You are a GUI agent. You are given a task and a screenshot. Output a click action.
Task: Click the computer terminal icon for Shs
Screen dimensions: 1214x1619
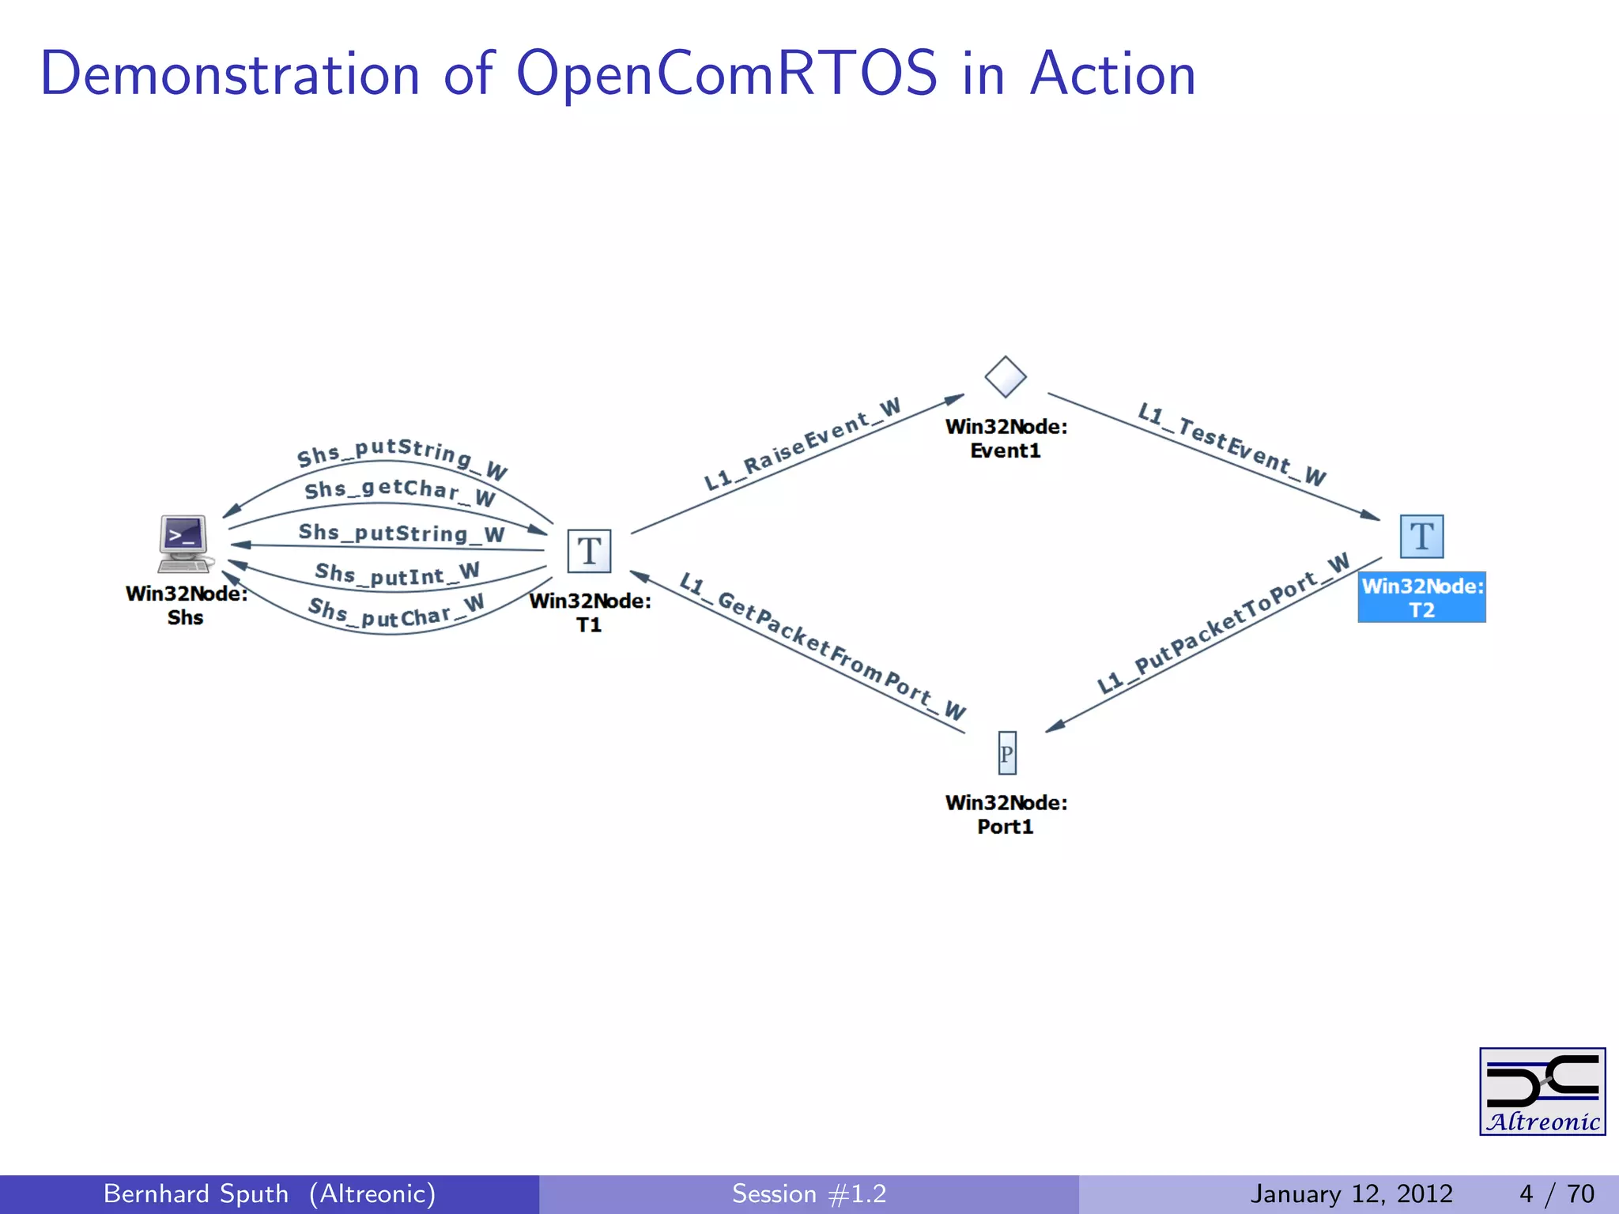(184, 543)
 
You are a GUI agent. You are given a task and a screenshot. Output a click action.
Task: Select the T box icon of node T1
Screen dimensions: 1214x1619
(589, 551)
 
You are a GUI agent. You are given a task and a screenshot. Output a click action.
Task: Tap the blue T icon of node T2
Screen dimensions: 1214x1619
(1421, 537)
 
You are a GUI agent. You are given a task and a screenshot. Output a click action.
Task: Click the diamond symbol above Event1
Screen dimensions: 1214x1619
(1006, 377)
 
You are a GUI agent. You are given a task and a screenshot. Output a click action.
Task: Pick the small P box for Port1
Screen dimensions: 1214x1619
(1006, 753)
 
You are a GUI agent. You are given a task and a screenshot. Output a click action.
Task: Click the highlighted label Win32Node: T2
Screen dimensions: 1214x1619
(1421, 598)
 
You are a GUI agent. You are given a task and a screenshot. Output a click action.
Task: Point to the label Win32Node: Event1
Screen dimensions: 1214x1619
(1006, 439)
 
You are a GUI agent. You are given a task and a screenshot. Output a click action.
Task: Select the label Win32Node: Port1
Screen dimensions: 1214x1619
(1006, 814)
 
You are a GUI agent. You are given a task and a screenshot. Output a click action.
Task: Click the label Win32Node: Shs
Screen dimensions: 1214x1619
(186, 605)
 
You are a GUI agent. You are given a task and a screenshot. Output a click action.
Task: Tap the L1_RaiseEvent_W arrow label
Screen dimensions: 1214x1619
(802, 444)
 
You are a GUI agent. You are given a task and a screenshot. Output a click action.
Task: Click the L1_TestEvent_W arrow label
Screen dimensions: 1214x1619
(1231, 444)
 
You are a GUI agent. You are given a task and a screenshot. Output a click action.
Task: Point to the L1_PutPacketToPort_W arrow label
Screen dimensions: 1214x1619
(1222, 625)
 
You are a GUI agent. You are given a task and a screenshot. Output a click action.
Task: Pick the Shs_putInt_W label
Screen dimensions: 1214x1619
(397, 574)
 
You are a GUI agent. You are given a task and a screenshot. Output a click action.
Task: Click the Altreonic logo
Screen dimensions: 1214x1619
(1542, 1091)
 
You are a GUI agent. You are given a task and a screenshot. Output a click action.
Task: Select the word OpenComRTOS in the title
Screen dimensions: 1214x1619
(726, 74)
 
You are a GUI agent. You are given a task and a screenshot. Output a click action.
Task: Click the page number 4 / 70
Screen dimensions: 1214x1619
(1556, 1193)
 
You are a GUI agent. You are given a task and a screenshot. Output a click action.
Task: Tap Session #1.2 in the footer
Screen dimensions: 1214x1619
(809, 1193)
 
